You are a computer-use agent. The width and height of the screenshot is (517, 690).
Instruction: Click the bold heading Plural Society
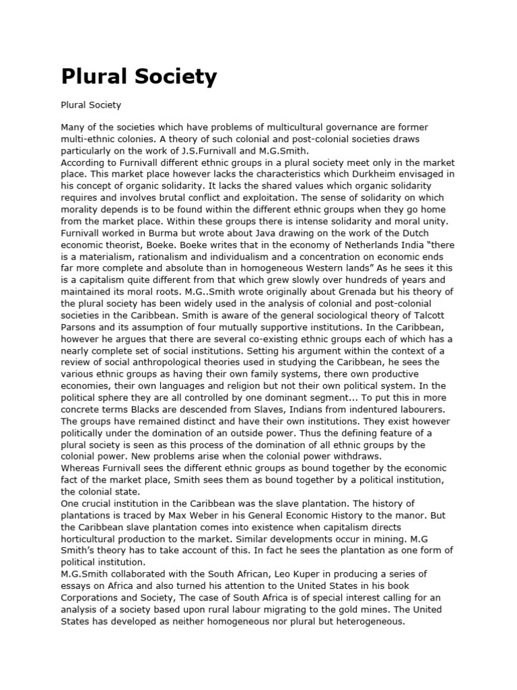click(x=139, y=76)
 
